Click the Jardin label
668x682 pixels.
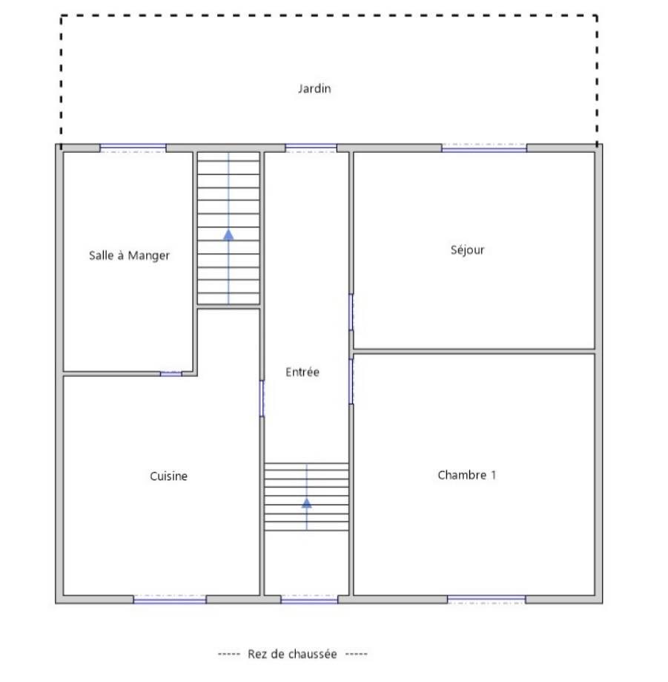tap(314, 89)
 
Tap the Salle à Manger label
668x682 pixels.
tap(129, 255)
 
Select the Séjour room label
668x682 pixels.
tap(467, 249)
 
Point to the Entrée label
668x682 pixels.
tap(302, 372)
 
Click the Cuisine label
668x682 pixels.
tap(168, 476)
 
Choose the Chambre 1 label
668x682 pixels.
tap(467, 475)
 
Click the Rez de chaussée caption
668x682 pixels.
tap(292, 654)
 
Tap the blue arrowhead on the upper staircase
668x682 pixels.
tap(228, 235)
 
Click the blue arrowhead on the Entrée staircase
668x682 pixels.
tap(306, 503)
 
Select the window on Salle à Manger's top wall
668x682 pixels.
tap(133, 148)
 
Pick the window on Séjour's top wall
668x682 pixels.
tap(484, 148)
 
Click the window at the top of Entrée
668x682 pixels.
tap(311, 148)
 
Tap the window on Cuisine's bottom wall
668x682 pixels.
tap(170, 600)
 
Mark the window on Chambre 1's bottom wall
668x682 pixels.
tap(486, 600)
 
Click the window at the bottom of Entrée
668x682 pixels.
tap(309, 600)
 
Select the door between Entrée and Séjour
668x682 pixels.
tap(351, 312)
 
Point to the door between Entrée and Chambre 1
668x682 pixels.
tap(351, 381)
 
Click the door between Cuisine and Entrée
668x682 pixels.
tap(262, 399)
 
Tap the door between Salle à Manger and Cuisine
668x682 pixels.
tap(171, 374)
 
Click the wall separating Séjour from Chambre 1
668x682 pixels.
tap(474, 352)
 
